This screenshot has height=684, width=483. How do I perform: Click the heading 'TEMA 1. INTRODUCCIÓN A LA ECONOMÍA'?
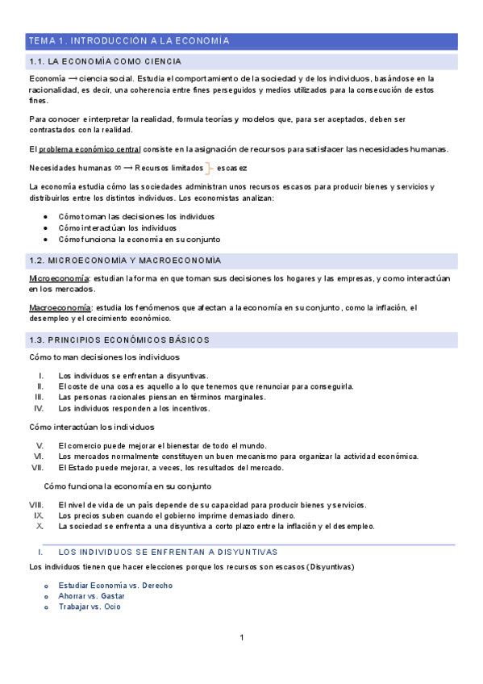(129, 40)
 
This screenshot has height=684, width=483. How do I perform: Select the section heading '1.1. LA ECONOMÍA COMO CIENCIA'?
(105, 61)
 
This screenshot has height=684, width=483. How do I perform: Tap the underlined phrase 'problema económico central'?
(90, 149)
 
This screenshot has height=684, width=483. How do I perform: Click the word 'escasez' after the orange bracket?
(232, 168)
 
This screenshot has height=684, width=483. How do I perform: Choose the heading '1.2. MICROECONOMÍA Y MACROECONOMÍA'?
(124, 261)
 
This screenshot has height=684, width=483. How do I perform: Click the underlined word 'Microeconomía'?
(58, 278)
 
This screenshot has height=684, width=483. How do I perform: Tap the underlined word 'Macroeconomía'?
(60, 307)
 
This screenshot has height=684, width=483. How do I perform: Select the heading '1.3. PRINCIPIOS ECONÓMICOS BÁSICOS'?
(119, 340)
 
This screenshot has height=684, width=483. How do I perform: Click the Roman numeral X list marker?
(40, 526)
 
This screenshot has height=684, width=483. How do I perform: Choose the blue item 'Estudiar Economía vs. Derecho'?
(115, 586)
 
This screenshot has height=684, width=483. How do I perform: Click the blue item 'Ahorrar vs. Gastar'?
(91, 596)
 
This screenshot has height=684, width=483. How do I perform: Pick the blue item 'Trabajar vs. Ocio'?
(90, 607)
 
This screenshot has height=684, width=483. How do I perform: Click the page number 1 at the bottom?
(241, 638)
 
